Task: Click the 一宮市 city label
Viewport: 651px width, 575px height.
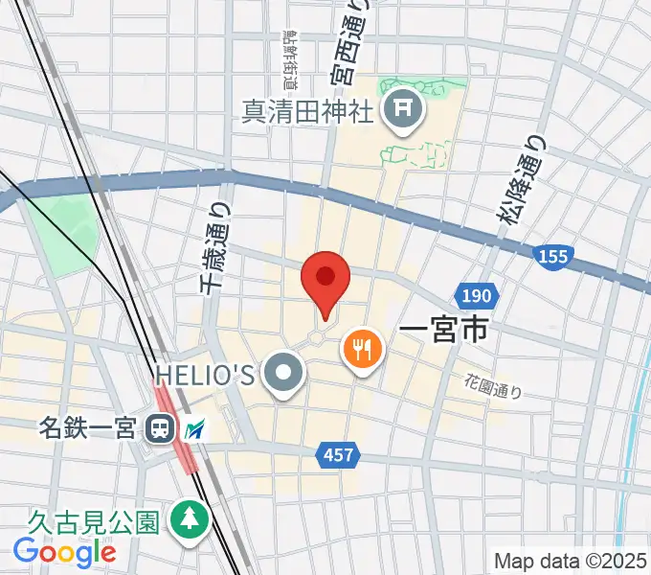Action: [x=442, y=332]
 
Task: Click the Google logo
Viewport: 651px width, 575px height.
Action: [x=64, y=552]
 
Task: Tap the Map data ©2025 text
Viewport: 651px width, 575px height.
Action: [x=571, y=560]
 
